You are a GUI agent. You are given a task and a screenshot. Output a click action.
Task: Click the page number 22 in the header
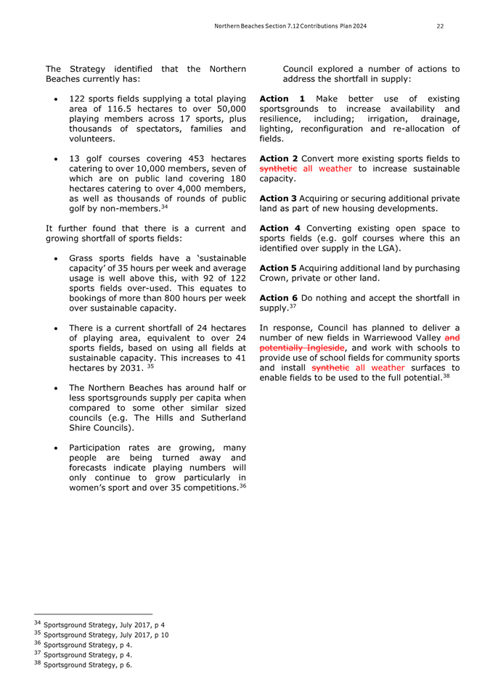coord(440,26)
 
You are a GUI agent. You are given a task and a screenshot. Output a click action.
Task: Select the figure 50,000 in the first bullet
coord(224,110)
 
